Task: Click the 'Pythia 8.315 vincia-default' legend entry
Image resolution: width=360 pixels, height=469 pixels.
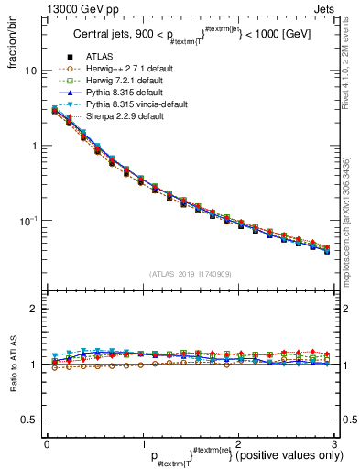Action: [x=136, y=104]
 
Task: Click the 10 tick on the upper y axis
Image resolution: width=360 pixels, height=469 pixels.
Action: [x=30, y=71]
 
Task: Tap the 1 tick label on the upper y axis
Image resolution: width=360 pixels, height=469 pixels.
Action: [x=33, y=146]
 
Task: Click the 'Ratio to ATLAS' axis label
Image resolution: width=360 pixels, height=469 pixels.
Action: [x=12, y=365]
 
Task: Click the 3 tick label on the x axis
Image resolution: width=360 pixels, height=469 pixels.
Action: [x=333, y=442]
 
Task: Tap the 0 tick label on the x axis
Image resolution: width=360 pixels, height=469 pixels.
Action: [x=47, y=442]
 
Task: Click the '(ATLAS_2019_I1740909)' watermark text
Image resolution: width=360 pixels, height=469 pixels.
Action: [x=190, y=274]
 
